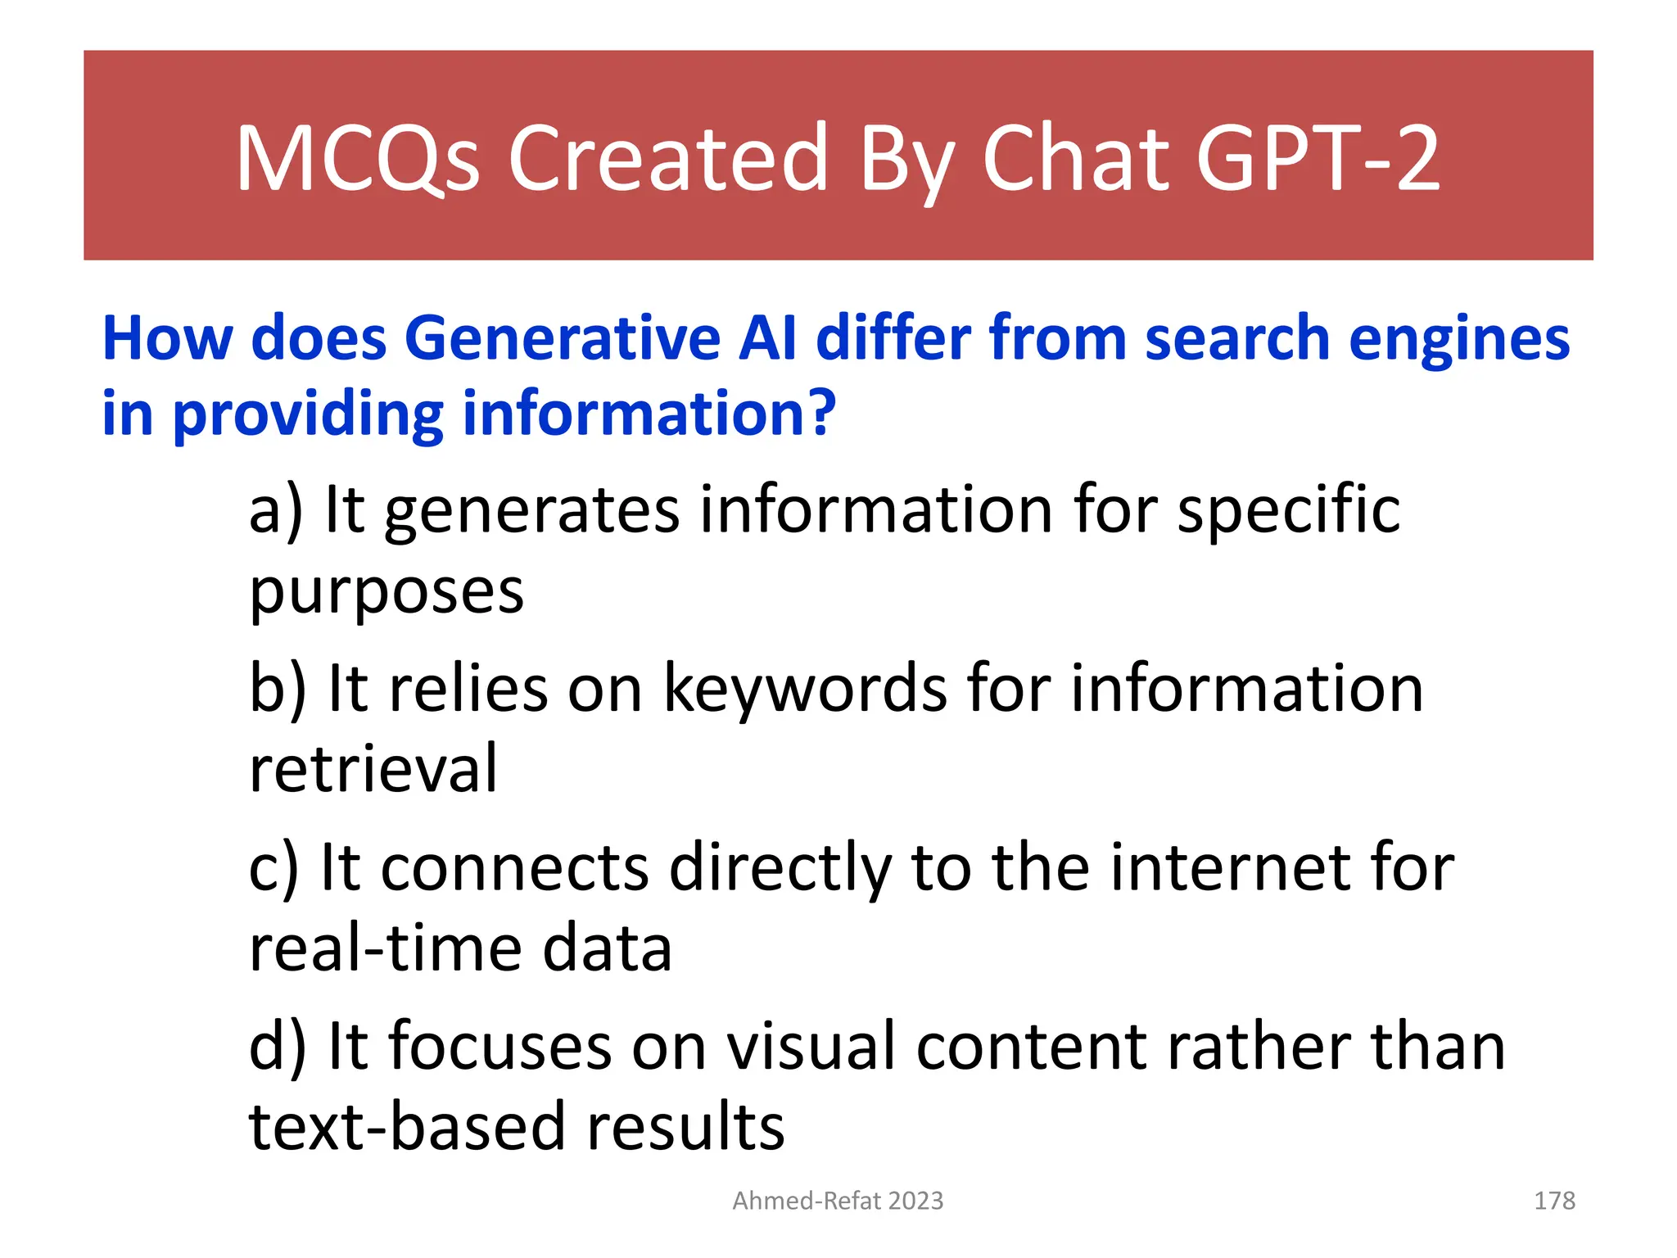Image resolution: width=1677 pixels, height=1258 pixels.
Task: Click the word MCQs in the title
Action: pyautogui.click(x=357, y=157)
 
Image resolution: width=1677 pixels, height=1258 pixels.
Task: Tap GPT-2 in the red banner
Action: pyautogui.click(x=1318, y=157)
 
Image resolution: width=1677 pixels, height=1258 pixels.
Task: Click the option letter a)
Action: pyautogui.click(x=275, y=509)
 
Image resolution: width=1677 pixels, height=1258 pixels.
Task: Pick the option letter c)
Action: pyautogui.click(x=273, y=867)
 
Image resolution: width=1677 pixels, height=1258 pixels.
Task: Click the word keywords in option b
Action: pyautogui.click(x=803, y=688)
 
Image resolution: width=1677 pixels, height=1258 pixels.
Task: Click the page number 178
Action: pyautogui.click(x=1553, y=1201)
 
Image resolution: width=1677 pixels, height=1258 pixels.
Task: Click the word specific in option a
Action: pyautogui.click(x=1288, y=509)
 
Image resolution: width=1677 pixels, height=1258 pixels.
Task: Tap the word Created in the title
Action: pyautogui.click(x=667, y=157)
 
